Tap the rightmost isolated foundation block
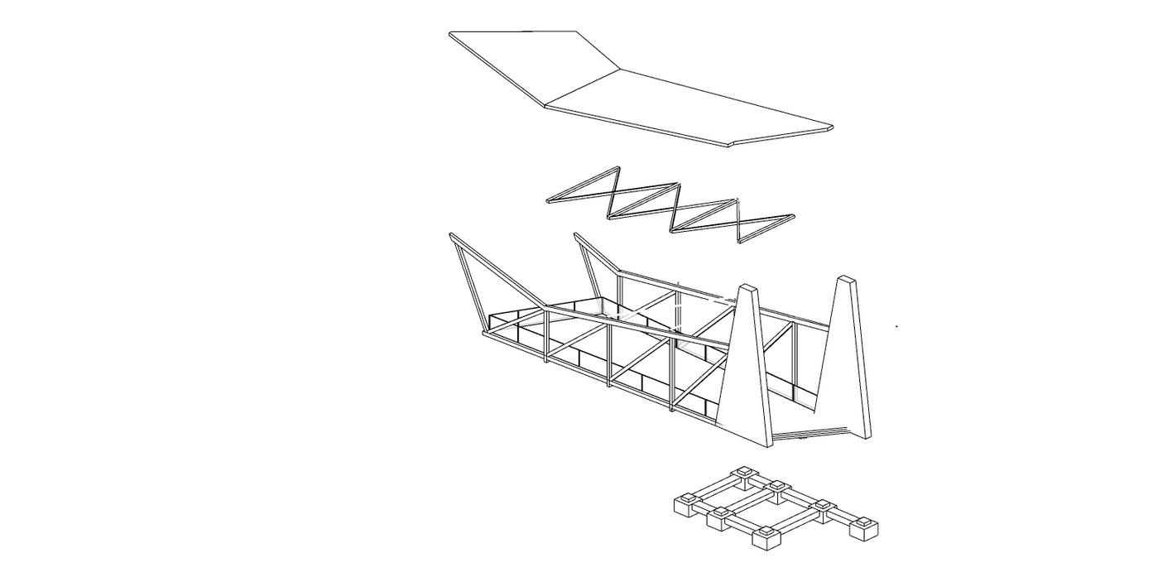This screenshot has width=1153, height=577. (865, 527)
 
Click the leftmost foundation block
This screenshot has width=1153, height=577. (686, 504)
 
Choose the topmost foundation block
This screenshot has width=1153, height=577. (742, 475)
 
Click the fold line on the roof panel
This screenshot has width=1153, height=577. (583, 88)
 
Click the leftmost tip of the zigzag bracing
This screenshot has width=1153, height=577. (549, 200)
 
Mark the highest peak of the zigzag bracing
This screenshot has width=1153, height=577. (617, 169)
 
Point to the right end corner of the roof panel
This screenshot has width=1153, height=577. (831, 127)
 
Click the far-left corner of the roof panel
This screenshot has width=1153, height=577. (451, 34)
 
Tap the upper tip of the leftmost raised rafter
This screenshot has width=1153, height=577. (452, 236)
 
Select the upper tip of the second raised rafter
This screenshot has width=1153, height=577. (576, 236)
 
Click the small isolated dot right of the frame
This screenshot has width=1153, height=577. (897, 326)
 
